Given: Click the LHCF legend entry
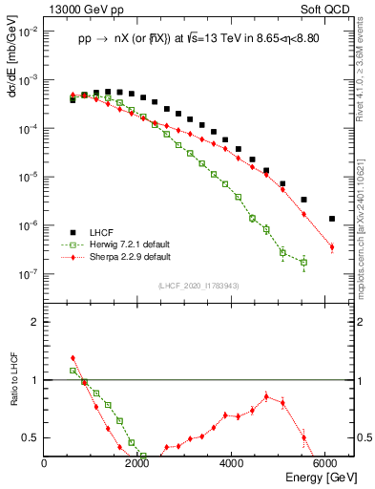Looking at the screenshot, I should tap(100, 232).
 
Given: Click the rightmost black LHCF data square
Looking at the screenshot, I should tap(332, 219).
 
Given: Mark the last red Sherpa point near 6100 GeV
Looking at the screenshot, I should tap(332, 247).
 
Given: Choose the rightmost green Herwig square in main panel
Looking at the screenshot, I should tap(303, 262).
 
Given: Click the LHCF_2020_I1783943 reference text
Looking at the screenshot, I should tap(198, 286).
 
